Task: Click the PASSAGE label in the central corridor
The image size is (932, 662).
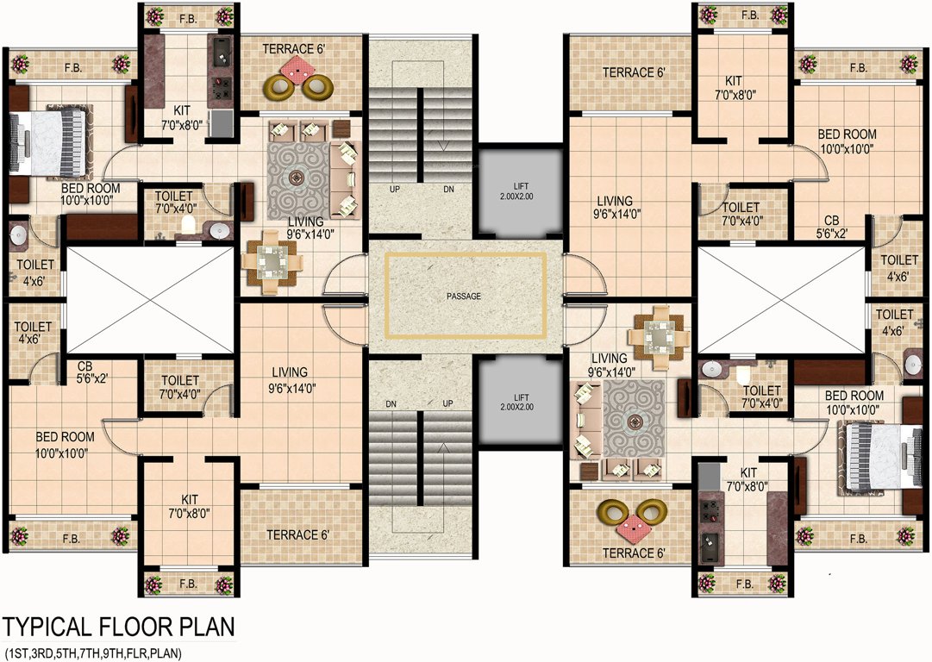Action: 464,297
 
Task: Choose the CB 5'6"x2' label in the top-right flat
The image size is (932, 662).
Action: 832,226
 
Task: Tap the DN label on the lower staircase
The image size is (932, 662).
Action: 391,403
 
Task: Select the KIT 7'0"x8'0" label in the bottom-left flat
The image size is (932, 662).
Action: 190,505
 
